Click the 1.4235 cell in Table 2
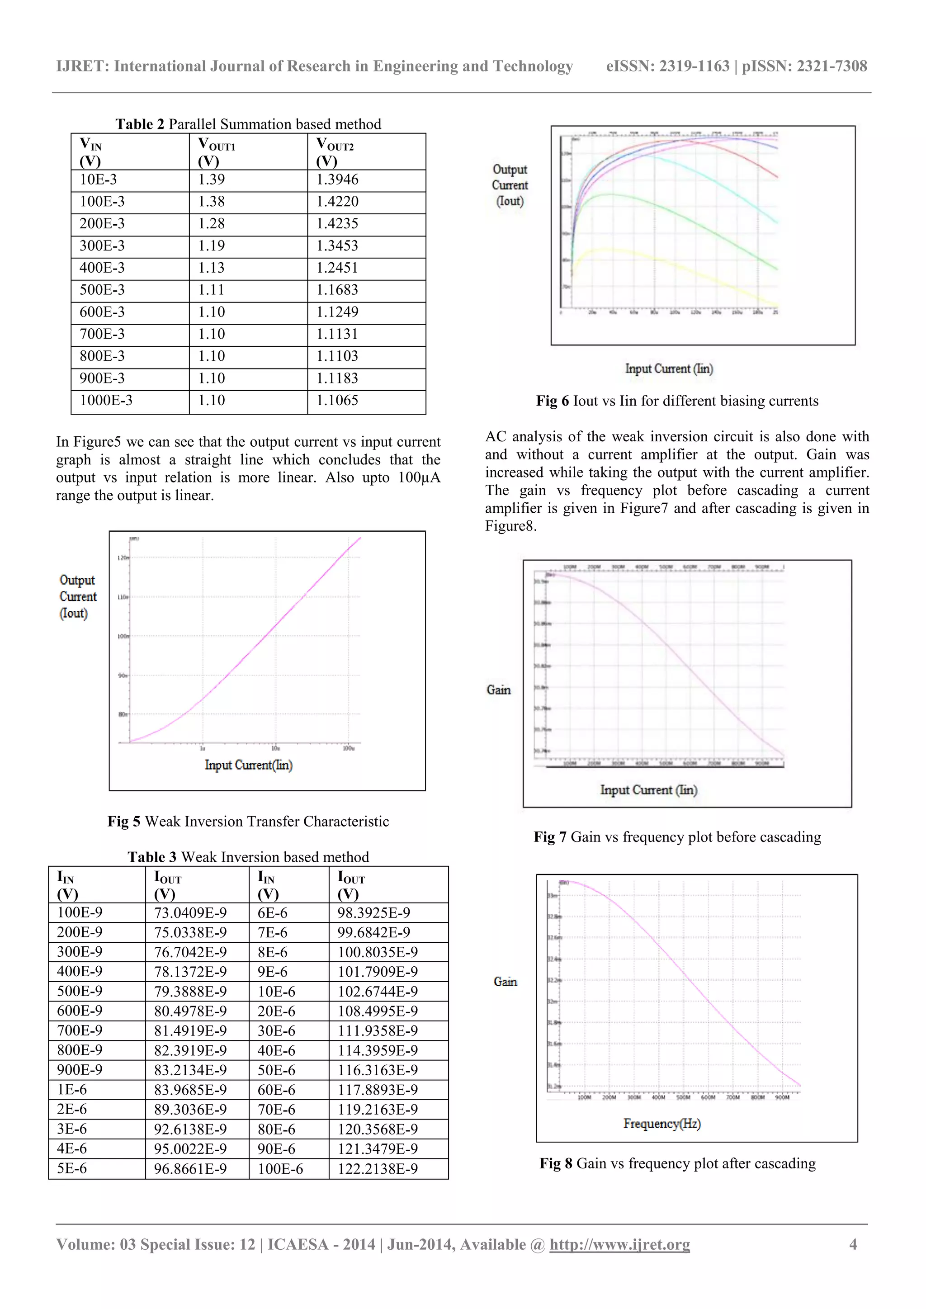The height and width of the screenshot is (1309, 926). coord(337,223)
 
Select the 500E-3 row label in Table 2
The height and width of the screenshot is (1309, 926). coord(102,290)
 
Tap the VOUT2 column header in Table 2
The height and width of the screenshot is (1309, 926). coord(335,151)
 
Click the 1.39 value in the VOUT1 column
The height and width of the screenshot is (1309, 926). coord(212,180)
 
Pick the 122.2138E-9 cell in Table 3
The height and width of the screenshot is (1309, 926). coord(378,1169)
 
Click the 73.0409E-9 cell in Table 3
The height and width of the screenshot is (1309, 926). coord(190,913)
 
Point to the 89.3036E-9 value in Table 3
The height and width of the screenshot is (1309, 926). coord(190,1110)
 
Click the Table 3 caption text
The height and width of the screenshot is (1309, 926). coord(248,857)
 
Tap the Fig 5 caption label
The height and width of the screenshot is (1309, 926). coord(248,822)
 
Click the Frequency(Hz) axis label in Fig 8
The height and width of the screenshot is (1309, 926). coord(662,1123)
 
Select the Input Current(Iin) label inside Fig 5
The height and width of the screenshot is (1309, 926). coord(249,765)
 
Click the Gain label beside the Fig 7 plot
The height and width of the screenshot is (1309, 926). coord(498,690)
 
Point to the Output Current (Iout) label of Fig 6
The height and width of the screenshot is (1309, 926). coord(510,185)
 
